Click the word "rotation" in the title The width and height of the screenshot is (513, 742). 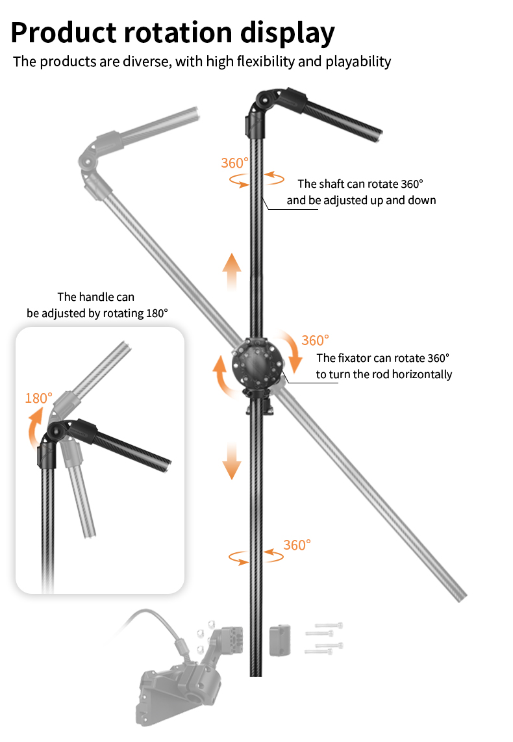click(x=178, y=32)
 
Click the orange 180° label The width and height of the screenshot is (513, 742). click(x=38, y=398)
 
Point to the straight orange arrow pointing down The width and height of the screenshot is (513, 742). click(x=232, y=461)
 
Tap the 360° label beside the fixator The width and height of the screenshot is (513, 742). click(x=315, y=340)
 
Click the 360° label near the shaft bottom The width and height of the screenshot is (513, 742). click(x=297, y=545)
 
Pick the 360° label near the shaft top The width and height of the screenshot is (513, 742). click(x=234, y=163)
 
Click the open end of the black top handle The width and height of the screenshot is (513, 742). click(x=379, y=136)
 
